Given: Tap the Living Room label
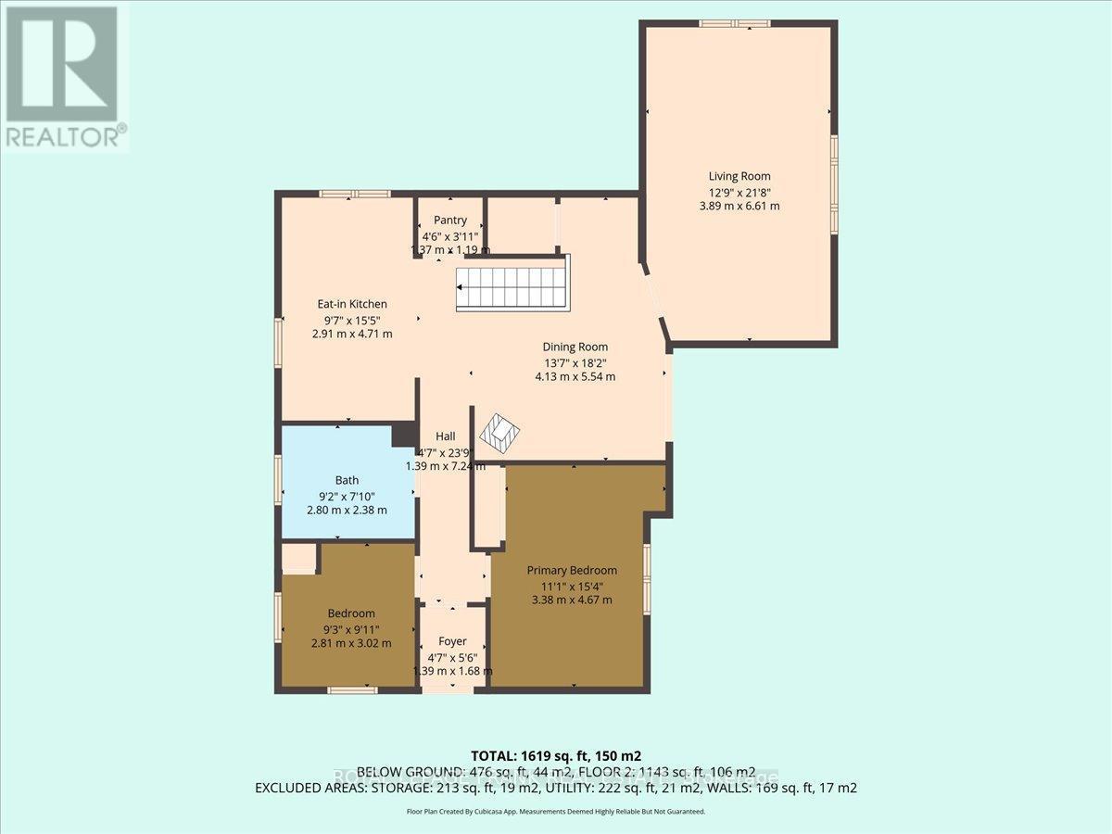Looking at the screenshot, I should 739,176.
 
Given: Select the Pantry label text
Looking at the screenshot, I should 450,221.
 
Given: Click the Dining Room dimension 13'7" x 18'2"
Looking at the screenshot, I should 575,362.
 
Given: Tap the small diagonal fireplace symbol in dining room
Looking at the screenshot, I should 500,431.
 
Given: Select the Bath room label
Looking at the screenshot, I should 347,480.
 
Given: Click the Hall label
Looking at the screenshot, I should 445,436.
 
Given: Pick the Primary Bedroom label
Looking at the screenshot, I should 572,571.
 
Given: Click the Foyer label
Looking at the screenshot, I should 452,641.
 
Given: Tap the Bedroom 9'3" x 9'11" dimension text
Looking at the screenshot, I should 351,628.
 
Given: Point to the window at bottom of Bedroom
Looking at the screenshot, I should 352,689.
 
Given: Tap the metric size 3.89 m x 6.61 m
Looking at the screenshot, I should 739,206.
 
